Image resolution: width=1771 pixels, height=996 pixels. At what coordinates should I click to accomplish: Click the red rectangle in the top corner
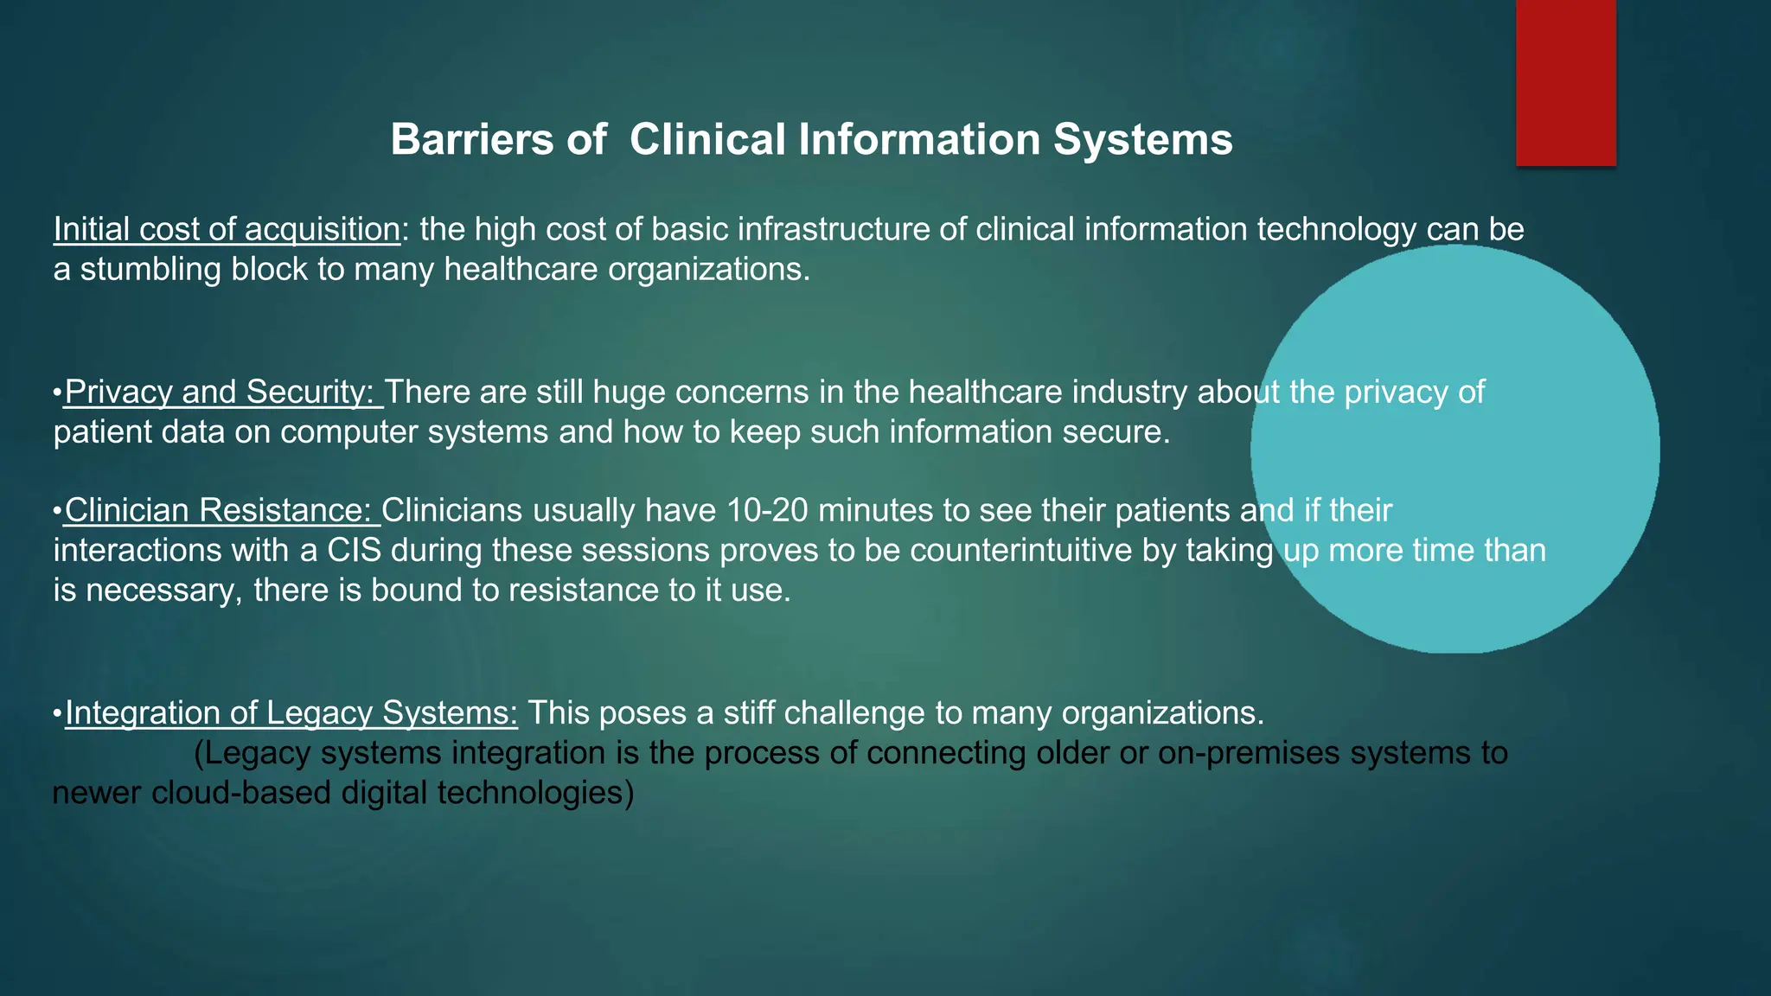tap(1565, 82)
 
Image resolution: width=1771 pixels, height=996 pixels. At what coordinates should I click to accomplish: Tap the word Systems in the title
tap(1142, 139)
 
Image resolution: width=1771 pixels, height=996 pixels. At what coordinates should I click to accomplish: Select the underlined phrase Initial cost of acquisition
tap(227, 230)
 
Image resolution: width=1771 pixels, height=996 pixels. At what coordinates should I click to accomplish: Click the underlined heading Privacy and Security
tap(223, 393)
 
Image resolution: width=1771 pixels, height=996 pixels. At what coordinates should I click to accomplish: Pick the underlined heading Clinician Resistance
tap(221, 511)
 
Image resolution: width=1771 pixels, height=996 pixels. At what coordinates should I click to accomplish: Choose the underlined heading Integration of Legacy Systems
tap(291, 713)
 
